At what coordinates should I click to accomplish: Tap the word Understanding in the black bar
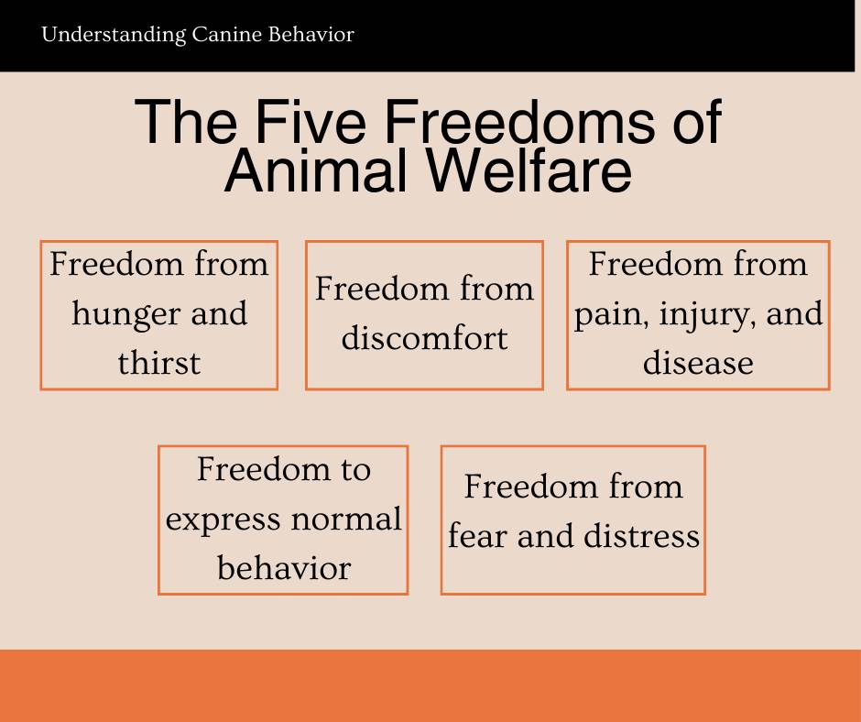114,36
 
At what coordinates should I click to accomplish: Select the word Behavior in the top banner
311,35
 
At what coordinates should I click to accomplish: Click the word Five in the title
311,122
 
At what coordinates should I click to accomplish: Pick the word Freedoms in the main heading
519,122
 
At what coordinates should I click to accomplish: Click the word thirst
159,363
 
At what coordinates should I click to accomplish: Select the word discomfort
424,337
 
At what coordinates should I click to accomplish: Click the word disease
698,363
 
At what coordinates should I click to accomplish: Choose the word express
223,520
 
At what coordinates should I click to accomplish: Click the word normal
346,519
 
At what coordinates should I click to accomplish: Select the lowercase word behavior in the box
284,567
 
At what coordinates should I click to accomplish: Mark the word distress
641,535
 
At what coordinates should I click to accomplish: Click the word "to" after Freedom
355,470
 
